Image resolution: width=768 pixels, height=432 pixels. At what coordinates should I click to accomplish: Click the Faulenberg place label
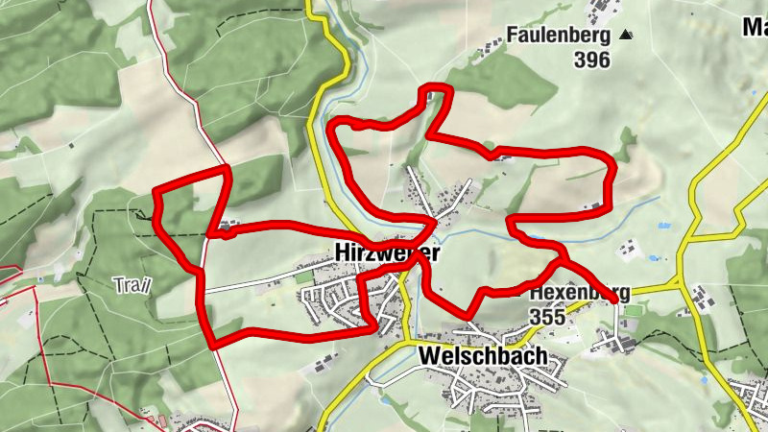point(561,36)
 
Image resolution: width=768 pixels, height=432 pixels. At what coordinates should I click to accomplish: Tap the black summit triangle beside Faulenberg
point(627,36)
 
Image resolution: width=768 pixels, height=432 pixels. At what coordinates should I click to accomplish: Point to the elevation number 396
point(593,60)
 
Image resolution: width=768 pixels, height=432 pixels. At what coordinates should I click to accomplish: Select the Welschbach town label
point(483,356)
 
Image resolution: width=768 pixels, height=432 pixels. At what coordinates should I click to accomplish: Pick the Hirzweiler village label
point(388,252)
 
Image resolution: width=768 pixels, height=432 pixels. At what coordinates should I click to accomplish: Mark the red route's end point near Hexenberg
point(614,301)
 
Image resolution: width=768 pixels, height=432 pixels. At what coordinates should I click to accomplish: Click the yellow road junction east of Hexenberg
point(680,282)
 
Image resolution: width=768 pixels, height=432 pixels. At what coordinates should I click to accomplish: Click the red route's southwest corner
point(211,342)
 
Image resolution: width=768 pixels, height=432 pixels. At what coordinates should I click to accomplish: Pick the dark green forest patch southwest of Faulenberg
point(510,87)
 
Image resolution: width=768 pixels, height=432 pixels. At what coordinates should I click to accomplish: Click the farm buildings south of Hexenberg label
point(619,340)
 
